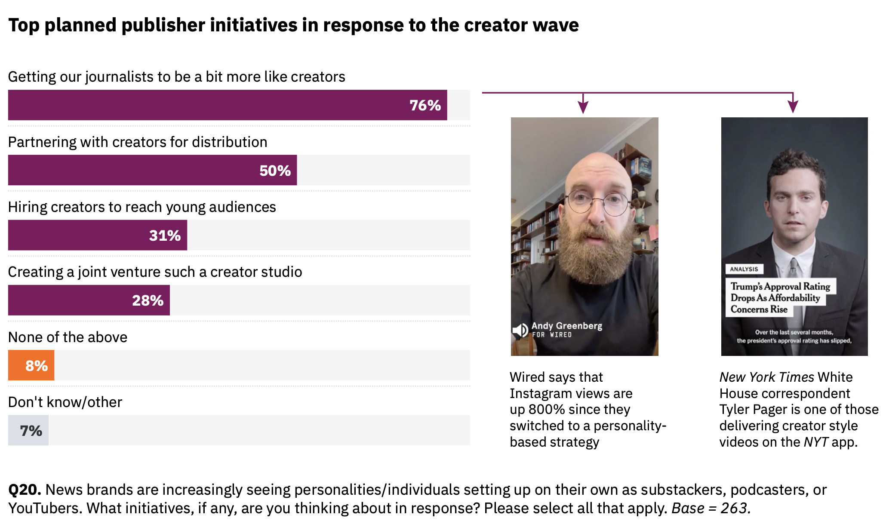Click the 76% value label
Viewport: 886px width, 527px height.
tap(425, 105)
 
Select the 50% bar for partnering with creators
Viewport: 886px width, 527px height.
tap(152, 170)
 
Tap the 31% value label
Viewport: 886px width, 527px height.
tap(165, 236)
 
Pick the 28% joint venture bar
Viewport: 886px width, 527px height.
tap(89, 300)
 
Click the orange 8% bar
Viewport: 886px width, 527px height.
tap(31, 365)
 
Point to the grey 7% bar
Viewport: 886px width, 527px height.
tap(28, 430)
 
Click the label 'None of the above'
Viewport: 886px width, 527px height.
tap(68, 337)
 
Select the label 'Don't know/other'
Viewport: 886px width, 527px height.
tap(65, 402)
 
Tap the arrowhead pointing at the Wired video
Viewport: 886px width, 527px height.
tap(583, 106)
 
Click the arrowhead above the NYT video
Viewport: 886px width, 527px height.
tap(793, 106)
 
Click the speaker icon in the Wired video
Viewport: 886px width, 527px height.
tap(520, 330)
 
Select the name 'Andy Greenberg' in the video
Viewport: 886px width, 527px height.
tap(567, 325)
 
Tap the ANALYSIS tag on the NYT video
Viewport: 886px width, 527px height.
tap(744, 269)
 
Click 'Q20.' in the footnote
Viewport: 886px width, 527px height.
tap(25, 490)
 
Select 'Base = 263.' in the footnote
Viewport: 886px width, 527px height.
tap(711, 508)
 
